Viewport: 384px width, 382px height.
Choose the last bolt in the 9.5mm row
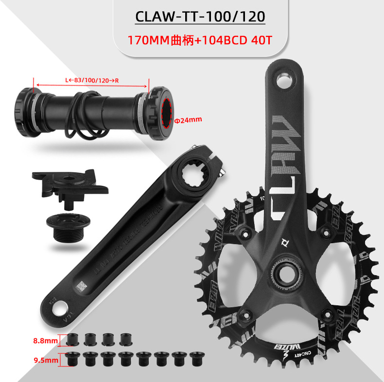pyautogui.click(x=196, y=358)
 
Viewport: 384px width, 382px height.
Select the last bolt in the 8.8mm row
pyautogui.click(x=125, y=339)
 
